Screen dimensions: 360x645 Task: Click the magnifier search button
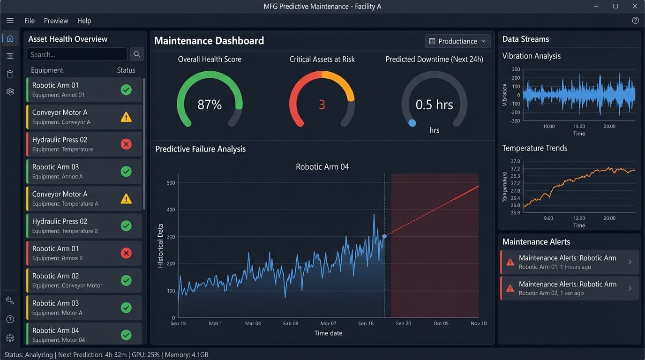click(136, 54)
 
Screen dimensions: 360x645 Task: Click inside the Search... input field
click(76, 54)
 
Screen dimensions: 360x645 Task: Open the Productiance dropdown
click(457, 41)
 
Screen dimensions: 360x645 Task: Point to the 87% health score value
click(210, 105)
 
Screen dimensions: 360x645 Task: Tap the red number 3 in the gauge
click(322, 105)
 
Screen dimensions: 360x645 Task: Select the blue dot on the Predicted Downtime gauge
click(412, 123)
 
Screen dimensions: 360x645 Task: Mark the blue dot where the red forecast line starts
click(384, 236)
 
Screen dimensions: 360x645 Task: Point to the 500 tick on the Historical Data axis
click(171, 183)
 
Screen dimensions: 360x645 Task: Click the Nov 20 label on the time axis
click(479, 323)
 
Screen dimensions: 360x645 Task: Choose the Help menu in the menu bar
click(84, 21)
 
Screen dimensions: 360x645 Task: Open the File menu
click(30, 21)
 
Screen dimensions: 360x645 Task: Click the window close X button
click(635, 6)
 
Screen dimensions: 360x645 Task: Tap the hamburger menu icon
click(10, 21)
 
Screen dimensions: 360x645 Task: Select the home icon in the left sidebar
click(10, 38)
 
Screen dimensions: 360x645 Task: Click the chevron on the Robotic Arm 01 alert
click(630, 262)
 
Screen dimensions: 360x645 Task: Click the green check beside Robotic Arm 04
click(126, 335)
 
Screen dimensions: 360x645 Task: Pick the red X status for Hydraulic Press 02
click(126, 144)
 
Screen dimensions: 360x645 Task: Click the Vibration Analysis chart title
click(531, 56)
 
